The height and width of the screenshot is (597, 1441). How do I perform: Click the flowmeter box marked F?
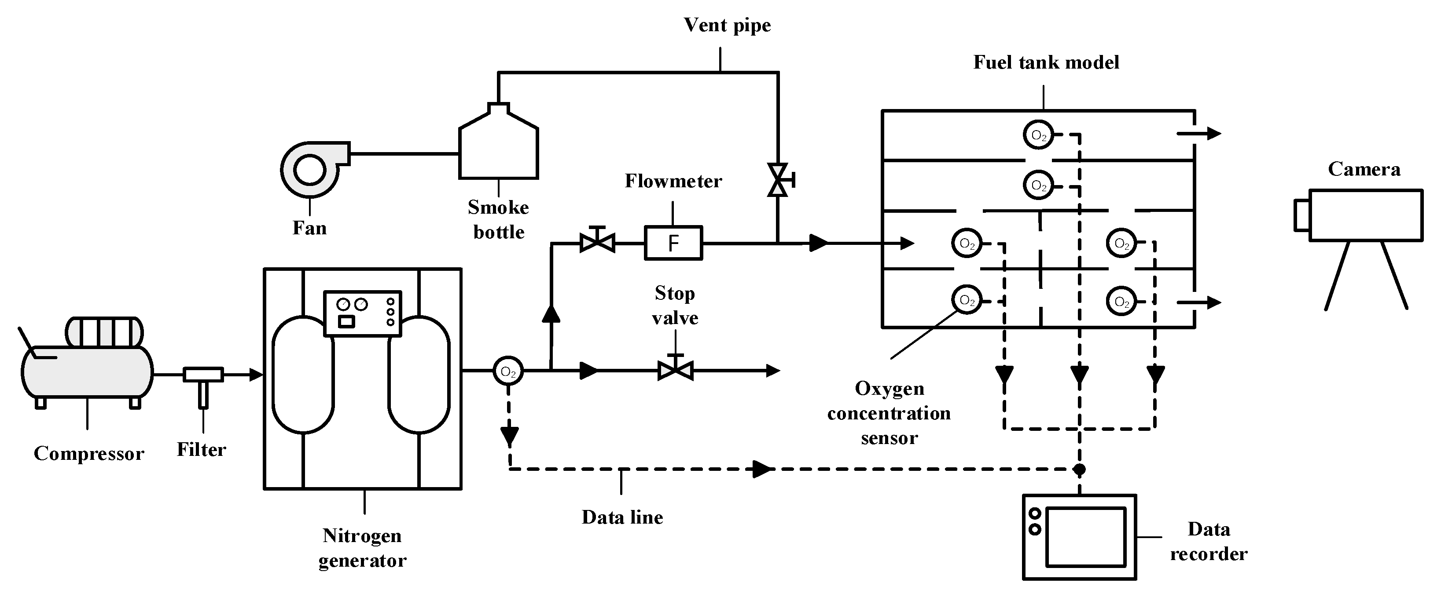673,243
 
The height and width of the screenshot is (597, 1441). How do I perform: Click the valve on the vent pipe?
778,180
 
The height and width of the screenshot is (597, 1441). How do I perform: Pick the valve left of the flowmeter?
597,243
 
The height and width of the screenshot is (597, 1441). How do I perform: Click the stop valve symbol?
675,370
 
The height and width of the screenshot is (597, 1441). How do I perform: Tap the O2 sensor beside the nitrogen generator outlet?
508,371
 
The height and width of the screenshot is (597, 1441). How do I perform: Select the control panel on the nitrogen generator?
363,313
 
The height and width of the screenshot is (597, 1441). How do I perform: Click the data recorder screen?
1085,537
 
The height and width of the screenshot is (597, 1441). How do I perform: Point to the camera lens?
1301,215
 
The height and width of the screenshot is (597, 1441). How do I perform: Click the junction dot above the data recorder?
1080,469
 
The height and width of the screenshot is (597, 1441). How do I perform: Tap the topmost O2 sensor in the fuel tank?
1038,135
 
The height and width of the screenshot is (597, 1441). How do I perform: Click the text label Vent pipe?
727,25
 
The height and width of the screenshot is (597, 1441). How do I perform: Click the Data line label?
622,517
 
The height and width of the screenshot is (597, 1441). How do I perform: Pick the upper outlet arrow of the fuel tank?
1199,133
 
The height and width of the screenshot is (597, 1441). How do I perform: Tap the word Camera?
1364,169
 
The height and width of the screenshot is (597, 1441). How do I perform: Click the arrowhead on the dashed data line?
761,469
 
